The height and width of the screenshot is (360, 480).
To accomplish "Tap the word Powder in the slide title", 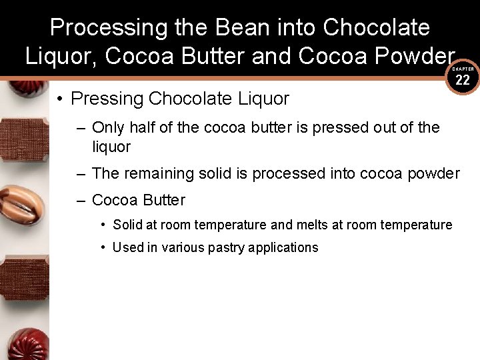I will click(413, 57).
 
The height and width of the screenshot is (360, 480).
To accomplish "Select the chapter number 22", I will click(463, 81).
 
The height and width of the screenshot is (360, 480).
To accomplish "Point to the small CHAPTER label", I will click(463, 69).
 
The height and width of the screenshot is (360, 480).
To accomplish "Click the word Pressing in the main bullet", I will click(107, 99).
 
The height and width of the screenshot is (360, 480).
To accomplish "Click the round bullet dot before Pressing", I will click(60, 99).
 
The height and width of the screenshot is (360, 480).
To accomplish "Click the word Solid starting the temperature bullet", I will click(129, 225).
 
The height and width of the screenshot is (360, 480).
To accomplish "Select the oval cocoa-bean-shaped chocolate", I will click(22, 205).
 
